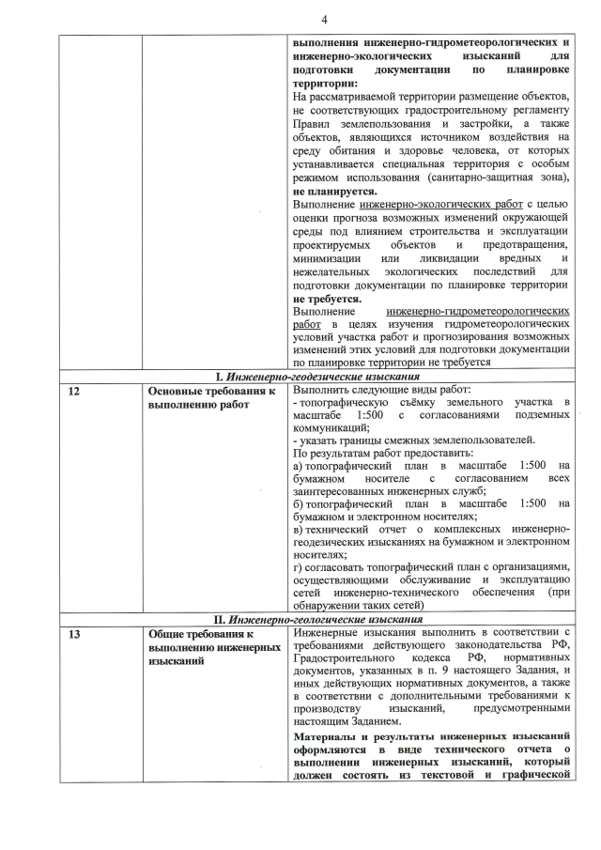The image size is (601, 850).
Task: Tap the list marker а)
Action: point(298,466)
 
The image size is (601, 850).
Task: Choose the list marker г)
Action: point(298,566)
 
